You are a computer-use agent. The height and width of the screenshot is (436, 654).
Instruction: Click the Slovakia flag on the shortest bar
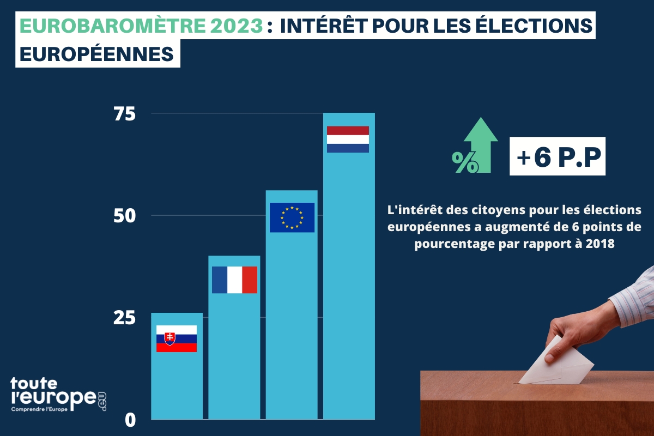coord(177,338)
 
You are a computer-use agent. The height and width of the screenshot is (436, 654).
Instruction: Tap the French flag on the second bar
coord(234,280)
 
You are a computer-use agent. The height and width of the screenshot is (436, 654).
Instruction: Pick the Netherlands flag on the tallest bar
coord(348,139)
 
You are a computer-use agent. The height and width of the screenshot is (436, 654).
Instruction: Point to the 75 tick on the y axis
coord(124,114)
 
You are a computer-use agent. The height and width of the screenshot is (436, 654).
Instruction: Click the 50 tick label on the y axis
coord(124,216)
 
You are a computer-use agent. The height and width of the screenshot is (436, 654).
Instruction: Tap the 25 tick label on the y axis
coord(124,318)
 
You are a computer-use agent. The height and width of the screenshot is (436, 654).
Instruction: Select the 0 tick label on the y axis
coord(129,420)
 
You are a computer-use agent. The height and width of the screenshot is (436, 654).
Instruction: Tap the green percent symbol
coord(465,162)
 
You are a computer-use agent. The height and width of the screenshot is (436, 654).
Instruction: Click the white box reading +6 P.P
coord(557,156)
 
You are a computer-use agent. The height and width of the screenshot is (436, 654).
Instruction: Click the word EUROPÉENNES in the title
coord(97,55)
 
